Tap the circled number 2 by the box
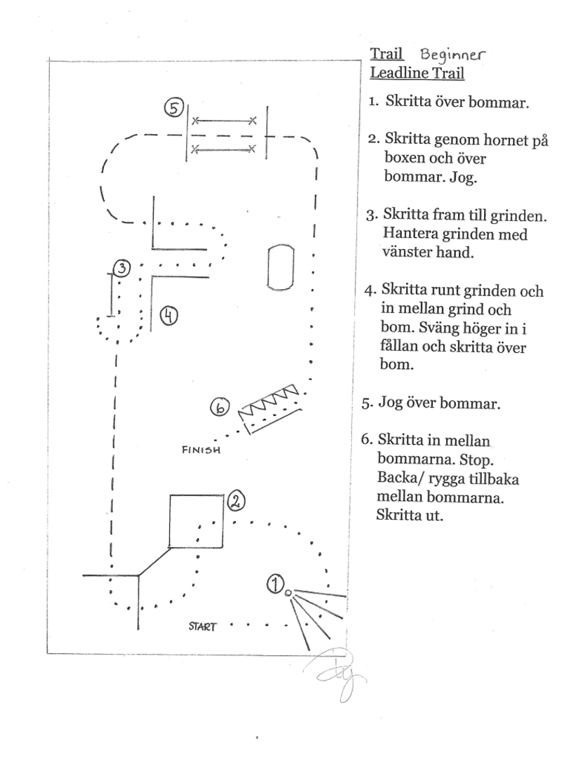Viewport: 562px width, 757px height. point(236,500)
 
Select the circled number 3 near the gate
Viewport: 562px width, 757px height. point(122,268)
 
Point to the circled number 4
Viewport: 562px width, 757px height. point(169,316)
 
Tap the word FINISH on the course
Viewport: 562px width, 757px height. point(202,450)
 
